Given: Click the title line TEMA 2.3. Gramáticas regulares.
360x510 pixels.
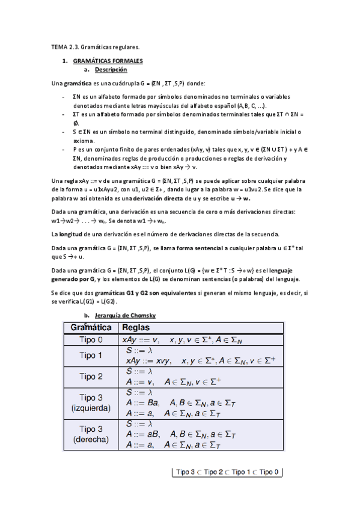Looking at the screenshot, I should (x=96, y=47).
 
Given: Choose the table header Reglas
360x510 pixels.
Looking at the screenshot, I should (x=136, y=328).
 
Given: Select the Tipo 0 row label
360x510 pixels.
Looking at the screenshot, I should (x=91, y=340).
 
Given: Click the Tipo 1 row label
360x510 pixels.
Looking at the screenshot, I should (x=91, y=355).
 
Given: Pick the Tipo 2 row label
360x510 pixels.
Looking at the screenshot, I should (x=91, y=376).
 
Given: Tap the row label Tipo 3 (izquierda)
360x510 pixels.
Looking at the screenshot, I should (x=91, y=402).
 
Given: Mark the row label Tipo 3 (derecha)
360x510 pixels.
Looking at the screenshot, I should (x=91, y=434).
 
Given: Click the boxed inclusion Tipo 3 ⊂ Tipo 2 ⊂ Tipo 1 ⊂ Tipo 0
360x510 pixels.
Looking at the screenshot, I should (x=227, y=473).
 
